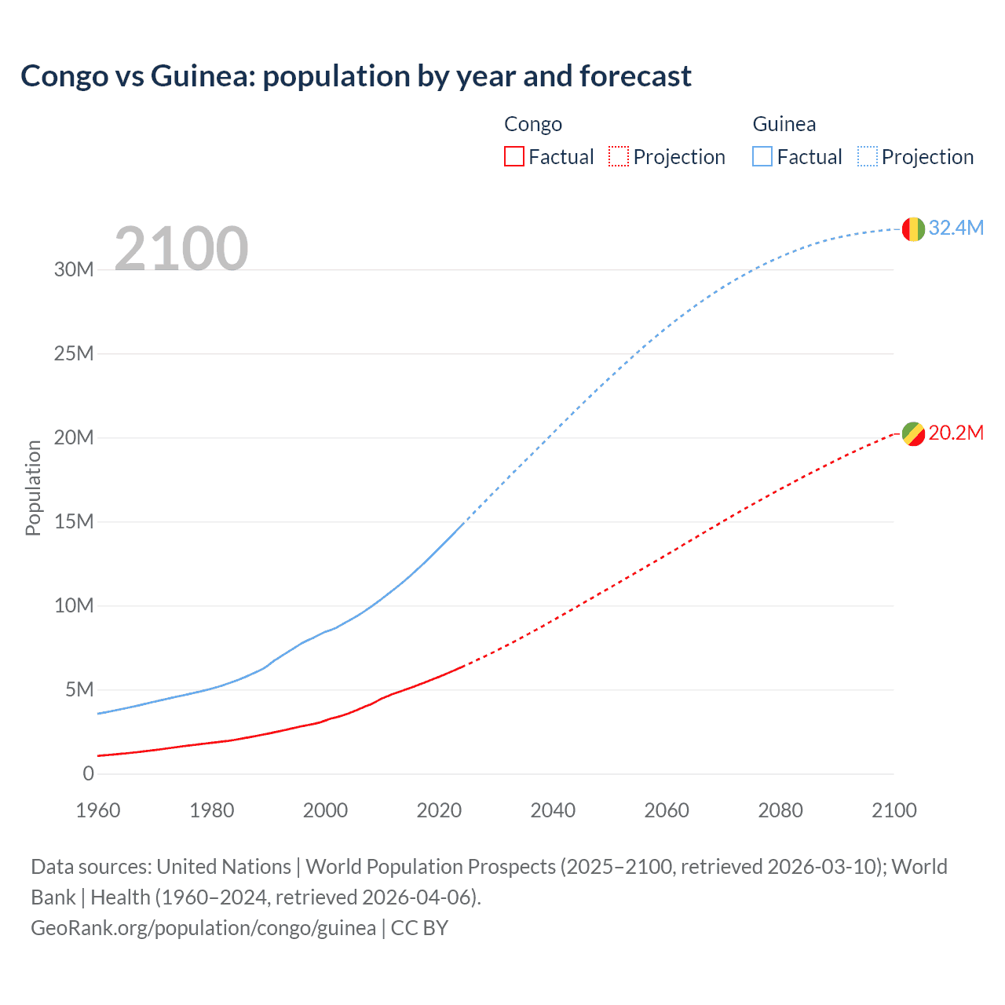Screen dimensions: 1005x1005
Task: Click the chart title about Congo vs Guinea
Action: coord(356,76)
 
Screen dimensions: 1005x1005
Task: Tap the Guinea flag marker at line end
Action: coord(913,228)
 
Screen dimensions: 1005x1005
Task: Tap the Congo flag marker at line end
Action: coord(913,433)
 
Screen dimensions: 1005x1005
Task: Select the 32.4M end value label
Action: coord(956,228)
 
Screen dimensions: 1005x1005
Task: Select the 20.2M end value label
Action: coord(956,433)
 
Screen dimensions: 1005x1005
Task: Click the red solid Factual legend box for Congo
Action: coord(513,157)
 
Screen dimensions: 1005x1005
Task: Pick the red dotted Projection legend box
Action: coord(619,157)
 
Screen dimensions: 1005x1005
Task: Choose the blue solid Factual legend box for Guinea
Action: coord(762,157)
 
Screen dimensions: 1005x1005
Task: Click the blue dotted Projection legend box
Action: coord(868,157)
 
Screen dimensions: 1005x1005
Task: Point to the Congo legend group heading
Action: coord(533,124)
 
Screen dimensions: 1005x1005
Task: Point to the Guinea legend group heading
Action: coord(784,124)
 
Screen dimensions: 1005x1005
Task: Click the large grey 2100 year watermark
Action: coord(181,249)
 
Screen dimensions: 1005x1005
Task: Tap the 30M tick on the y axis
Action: coord(74,270)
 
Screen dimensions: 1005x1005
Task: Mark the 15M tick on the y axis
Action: coord(74,522)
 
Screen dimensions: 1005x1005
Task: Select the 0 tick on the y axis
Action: coord(88,774)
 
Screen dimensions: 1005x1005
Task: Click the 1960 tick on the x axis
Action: coord(98,810)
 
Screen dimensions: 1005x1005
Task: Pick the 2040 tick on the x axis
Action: coord(553,810)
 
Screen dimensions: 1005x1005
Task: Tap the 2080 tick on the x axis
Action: coord(780,810)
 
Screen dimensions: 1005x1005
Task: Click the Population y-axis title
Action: coord(33,488)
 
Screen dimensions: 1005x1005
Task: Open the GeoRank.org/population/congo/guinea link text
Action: coord(203,928)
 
